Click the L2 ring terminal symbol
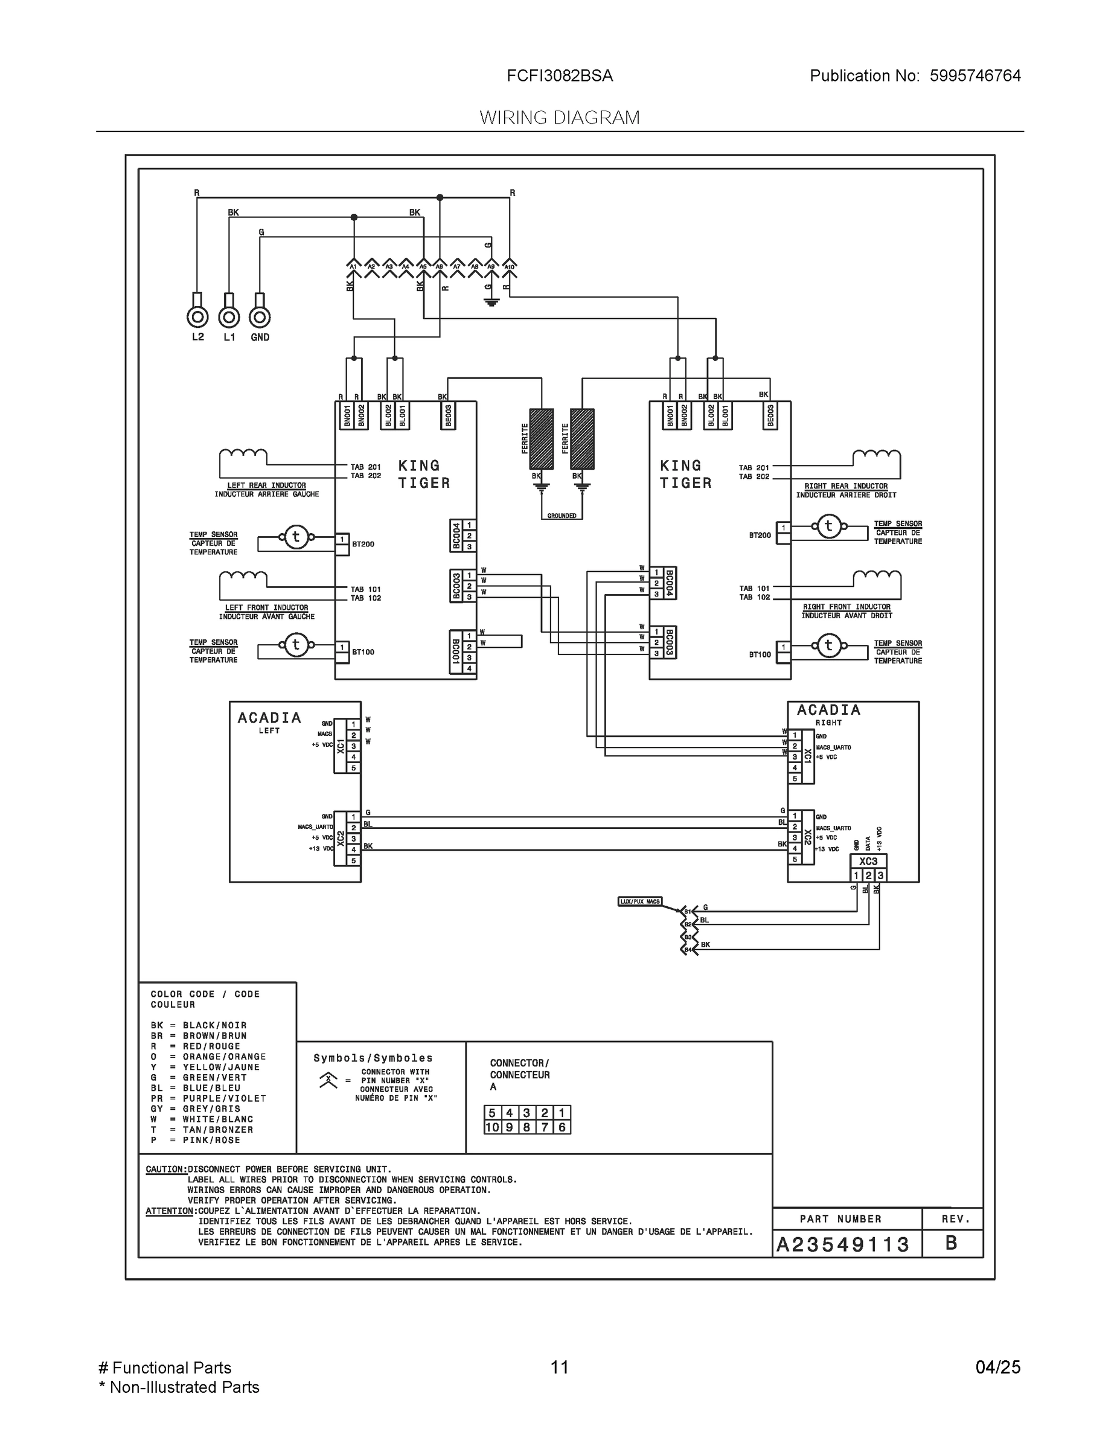click(x=197, y=317)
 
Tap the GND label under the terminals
click(x=260, y=337)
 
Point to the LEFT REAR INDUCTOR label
click(x=266, y=485)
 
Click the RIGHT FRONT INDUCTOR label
click(x=846, y=607)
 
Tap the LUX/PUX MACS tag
click(x=639, y=901)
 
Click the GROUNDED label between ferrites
click(x=562, y=516)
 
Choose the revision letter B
click(x=951, y=1243)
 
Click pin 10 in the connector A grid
click(x=491, y=1127)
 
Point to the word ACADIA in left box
click(x=269, y=718)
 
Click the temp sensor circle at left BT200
click(x=296, y=537)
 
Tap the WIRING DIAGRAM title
click(x=559, y=118)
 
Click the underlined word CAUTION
click(x=165, y=1169)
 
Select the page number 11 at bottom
click(x=559, y=1367)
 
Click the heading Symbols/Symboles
click(x=373, y=1058)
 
